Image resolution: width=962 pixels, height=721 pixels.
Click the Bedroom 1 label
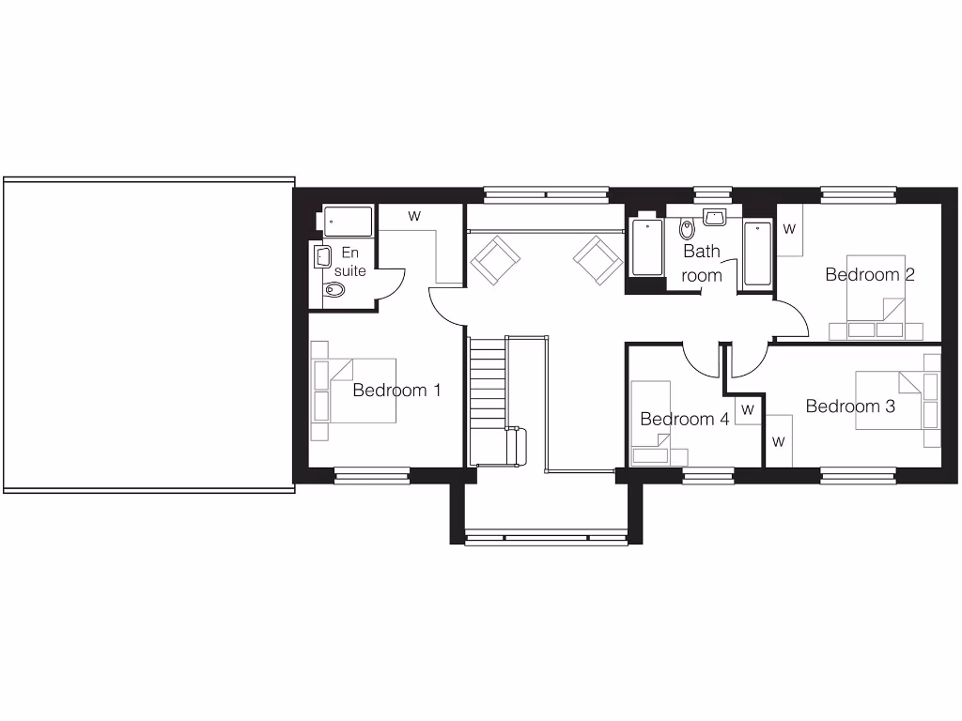(396, 390)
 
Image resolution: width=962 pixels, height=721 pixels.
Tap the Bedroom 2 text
(870, 274)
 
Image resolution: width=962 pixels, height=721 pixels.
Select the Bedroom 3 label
(850, 407)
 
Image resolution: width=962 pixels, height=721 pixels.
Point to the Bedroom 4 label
(684, 419)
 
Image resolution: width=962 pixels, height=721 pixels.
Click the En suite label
(350, 262)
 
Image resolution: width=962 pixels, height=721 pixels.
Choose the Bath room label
(702, 263)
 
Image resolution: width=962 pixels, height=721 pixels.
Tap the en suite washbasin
(322, 256)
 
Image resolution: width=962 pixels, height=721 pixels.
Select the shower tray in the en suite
(348, 222)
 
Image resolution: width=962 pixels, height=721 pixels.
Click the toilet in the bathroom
(686, 228)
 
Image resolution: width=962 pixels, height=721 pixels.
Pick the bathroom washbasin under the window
(714, 218)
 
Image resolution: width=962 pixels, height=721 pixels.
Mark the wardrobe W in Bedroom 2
(789, 228)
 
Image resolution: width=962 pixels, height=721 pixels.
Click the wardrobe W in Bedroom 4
(748, 410)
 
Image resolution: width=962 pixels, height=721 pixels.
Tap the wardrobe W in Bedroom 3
(779, 440)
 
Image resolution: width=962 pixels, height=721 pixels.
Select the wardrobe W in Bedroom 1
(414, 216)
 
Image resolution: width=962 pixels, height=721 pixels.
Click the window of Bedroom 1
(372, 475)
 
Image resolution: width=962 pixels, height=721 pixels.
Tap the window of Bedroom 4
(708, 476)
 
